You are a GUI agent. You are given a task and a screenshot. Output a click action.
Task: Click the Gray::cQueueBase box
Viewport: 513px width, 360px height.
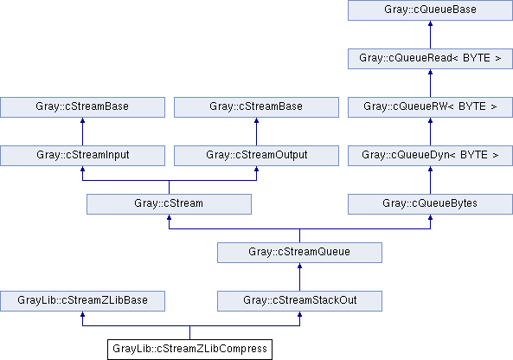pyautogui.click(x=430, y=10)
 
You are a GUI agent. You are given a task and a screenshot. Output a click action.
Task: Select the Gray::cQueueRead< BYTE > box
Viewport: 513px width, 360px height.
pyautogui.click(x=430, y=59)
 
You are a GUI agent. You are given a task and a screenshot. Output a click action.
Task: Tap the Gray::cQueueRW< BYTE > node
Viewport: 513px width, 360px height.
pyautogui.click(x=430, y=107)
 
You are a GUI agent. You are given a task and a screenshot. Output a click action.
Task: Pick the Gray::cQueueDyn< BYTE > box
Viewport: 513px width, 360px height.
pyautogui.click(x=430, y=156)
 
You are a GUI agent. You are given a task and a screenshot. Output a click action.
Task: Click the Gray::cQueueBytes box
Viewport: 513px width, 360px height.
pyautogui.click(x=430, y=204)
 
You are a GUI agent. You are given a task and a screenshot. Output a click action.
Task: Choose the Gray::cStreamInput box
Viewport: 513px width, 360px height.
pyautogui.click(x=82, y=156)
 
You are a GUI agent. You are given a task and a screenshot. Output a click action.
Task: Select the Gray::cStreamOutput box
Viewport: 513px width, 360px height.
pyautogui.click(x=256, y=156)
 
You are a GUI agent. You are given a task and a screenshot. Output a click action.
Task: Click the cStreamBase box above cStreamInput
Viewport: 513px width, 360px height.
pyautogui.click(x=82, y=107)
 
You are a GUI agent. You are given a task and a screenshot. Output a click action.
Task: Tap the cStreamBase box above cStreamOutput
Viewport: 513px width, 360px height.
pyautogui.click(x=256, y=107)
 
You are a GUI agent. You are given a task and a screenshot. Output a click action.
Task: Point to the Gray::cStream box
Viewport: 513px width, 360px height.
pyautogui.click(x=169, y=204)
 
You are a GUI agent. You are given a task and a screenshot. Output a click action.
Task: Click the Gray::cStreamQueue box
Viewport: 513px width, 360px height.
pyautogui.click(x=299, y=253)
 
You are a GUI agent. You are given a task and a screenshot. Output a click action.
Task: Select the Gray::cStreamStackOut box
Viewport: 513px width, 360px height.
pyautogui.click(x=299, y=301)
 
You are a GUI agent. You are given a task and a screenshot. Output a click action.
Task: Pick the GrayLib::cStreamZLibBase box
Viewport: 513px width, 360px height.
pyautogui.click(x=82, y=301)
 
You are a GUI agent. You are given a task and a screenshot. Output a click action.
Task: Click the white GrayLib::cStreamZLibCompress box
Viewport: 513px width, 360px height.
pyautogui.click(x=189, y=350)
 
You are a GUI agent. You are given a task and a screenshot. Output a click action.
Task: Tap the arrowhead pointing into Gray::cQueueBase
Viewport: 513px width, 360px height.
pyautogui.click(x=430, y=23)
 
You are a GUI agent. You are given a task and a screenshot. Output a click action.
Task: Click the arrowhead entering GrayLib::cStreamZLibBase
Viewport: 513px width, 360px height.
pyautogui.click(x=82, y=314)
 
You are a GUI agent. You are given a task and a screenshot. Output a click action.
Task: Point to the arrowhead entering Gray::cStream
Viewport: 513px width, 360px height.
pyautogui.click(x=169, y=217)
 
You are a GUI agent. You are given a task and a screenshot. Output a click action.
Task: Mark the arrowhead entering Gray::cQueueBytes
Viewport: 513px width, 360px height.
pyautogui.click(x=430, y=217)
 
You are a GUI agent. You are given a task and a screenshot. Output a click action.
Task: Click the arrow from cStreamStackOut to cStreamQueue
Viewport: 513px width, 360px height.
pyautogui.click(x=299, y=277)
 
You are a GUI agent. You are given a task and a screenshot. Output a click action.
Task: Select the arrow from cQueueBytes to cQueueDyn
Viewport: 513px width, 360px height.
pyautogui.click(x=430, y=180)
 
